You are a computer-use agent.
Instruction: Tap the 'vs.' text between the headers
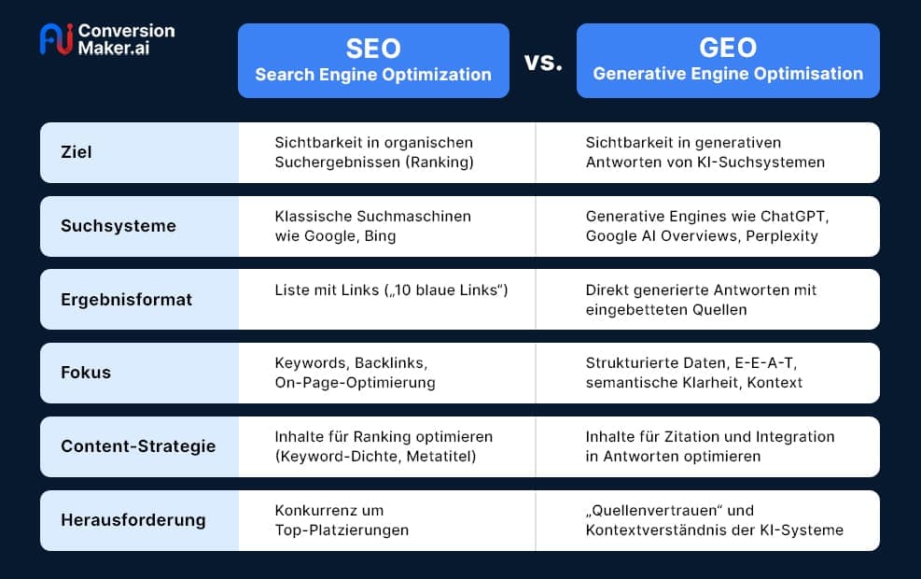click(543, 62)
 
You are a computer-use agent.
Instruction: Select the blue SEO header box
click(373, 61)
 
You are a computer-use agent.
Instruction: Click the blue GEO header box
click(728, 61)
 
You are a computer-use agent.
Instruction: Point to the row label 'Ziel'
click(77, 152)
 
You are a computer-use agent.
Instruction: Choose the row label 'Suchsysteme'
click(105, 226)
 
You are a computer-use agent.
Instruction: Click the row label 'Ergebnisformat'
click(113, 299)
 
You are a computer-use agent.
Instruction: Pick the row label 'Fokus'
click(86, 373)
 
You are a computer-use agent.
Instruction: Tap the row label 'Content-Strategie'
click(138, 446)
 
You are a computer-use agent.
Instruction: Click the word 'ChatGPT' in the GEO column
click(794, 217)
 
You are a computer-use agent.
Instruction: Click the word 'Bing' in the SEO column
click(380, 235)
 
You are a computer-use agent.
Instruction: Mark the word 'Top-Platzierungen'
click(342, 530)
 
